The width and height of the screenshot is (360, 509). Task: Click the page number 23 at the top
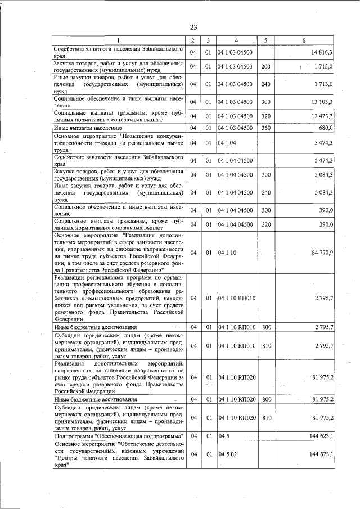coord(193,28)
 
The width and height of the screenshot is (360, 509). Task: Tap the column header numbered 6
coord(304,40)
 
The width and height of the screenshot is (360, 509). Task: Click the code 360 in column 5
coord(266,128)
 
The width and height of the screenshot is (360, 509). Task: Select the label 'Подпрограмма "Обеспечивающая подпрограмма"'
coord(119,436)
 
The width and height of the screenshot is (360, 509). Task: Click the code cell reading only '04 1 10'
coord(228,253)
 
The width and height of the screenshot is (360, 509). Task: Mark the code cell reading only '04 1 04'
coord(228,143)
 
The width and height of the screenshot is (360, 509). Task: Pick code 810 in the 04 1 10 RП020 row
coord(266,418)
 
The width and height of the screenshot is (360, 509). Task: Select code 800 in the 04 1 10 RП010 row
coord(266,327)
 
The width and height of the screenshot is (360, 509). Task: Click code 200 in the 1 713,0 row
coord(266,67)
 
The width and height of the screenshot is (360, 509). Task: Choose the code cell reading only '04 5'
coord(224,436)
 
